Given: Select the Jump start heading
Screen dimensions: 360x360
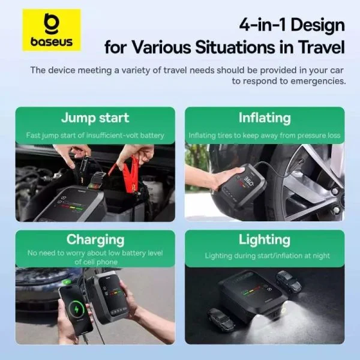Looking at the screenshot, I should (x=95, y=118).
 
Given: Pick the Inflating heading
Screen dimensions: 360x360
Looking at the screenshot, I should (x=264, y=118).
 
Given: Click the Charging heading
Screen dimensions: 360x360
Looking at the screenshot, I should (x=95, y=239).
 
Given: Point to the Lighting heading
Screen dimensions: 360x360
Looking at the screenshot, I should (x=264, y=239).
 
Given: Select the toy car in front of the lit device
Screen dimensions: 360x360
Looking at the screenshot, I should (x=220, y=318).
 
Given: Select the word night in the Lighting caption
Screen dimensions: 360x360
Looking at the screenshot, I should (x=318, y=256).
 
